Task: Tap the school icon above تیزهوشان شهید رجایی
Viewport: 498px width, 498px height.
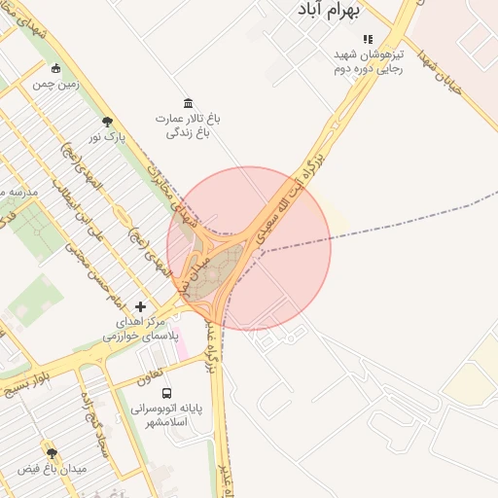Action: point(368,39)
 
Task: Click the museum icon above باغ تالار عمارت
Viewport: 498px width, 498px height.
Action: point(188,103)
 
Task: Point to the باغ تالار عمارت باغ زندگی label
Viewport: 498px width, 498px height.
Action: point(188,125)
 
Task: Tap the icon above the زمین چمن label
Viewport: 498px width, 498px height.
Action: point(55,68)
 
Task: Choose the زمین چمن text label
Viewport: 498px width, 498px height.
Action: point(55,85)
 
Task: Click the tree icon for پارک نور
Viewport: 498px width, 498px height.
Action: point(107,122)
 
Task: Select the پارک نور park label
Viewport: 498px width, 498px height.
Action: point(108,138)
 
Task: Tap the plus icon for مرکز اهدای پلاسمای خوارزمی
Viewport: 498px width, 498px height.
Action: point(141,306)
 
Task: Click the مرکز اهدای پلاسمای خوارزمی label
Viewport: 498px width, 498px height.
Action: point(140,328)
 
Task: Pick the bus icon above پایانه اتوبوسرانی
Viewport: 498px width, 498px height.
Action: point(167,394)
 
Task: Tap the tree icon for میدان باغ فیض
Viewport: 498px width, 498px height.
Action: point(52,453)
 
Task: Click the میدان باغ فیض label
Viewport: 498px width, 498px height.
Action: point(53,469)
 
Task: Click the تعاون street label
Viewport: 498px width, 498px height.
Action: point(147,373)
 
